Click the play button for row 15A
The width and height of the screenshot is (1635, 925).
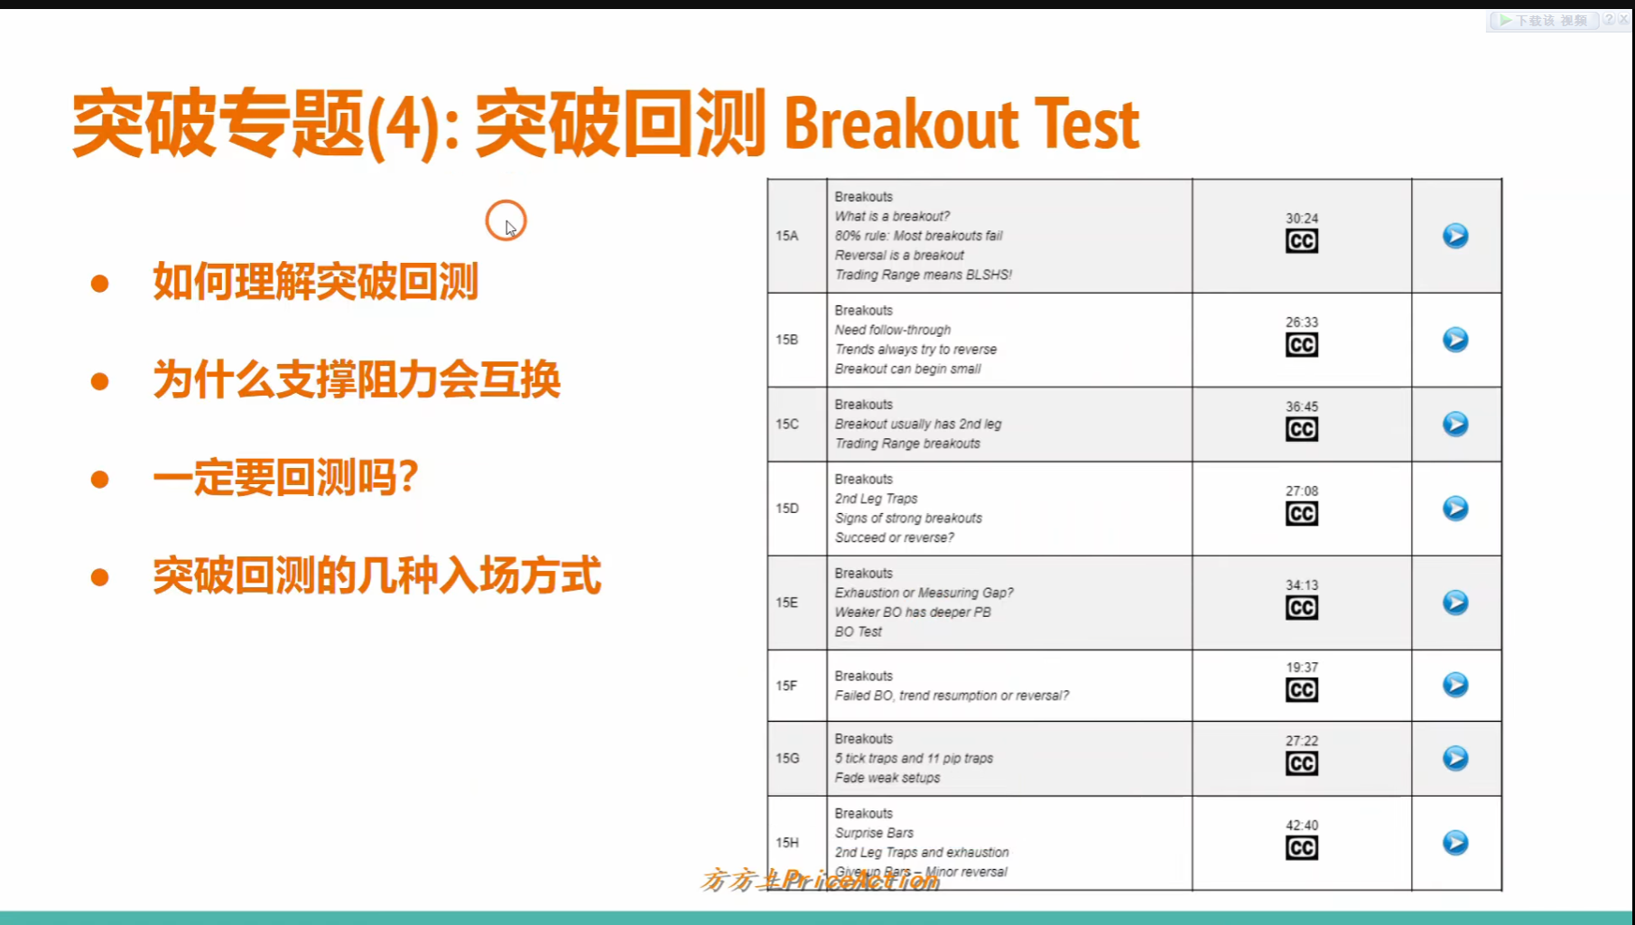pyautogui.click(x=1454, y=236)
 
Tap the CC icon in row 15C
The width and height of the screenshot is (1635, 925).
pyautogui.click(x=1301, y=429)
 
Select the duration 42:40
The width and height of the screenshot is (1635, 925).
pyautogui.click(x=1301, y=826)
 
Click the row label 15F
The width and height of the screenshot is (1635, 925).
pyautogui.click(x=786, y=686)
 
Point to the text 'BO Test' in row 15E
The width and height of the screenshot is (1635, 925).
pyautogui.click(x=858, y=631)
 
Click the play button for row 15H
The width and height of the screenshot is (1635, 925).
pyautogui.click(x=1454, y=843)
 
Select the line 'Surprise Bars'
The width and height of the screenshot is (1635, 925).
pyautogui.click(x=874, y=833)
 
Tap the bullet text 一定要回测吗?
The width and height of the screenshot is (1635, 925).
pyautogui.click(x=285, y=477)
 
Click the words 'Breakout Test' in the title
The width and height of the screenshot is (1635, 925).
pyautogui.click(x=961, y=125)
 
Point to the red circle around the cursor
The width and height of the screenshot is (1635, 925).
pyautogui.click(x=506, y=220)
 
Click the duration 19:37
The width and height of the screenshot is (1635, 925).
pyautogui.click(x=1301, y=668)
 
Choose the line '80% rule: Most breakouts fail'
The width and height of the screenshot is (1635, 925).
pyautogui.click(x=918, y=236)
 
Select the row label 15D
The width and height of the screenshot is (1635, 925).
pyautogui.click(x=786, y=509)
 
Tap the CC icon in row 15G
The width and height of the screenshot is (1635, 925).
pyautogui.click(x=1301, y=763)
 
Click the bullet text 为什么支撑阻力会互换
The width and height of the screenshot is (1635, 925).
pyautogui.click(x=357, y=379)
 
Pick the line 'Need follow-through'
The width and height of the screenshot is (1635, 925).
pyautogui.click(x=892, y=330)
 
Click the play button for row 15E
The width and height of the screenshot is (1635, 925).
pyautogui.click(x=1454, y=603)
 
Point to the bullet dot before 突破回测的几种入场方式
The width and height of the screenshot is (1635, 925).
pyautogui.click(x=100, y=576)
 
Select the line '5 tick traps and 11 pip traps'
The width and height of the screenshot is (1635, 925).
pyautogui.click(x=913, y=758)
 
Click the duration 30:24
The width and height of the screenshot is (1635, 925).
pyautogui.click(x=1301, y=219)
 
